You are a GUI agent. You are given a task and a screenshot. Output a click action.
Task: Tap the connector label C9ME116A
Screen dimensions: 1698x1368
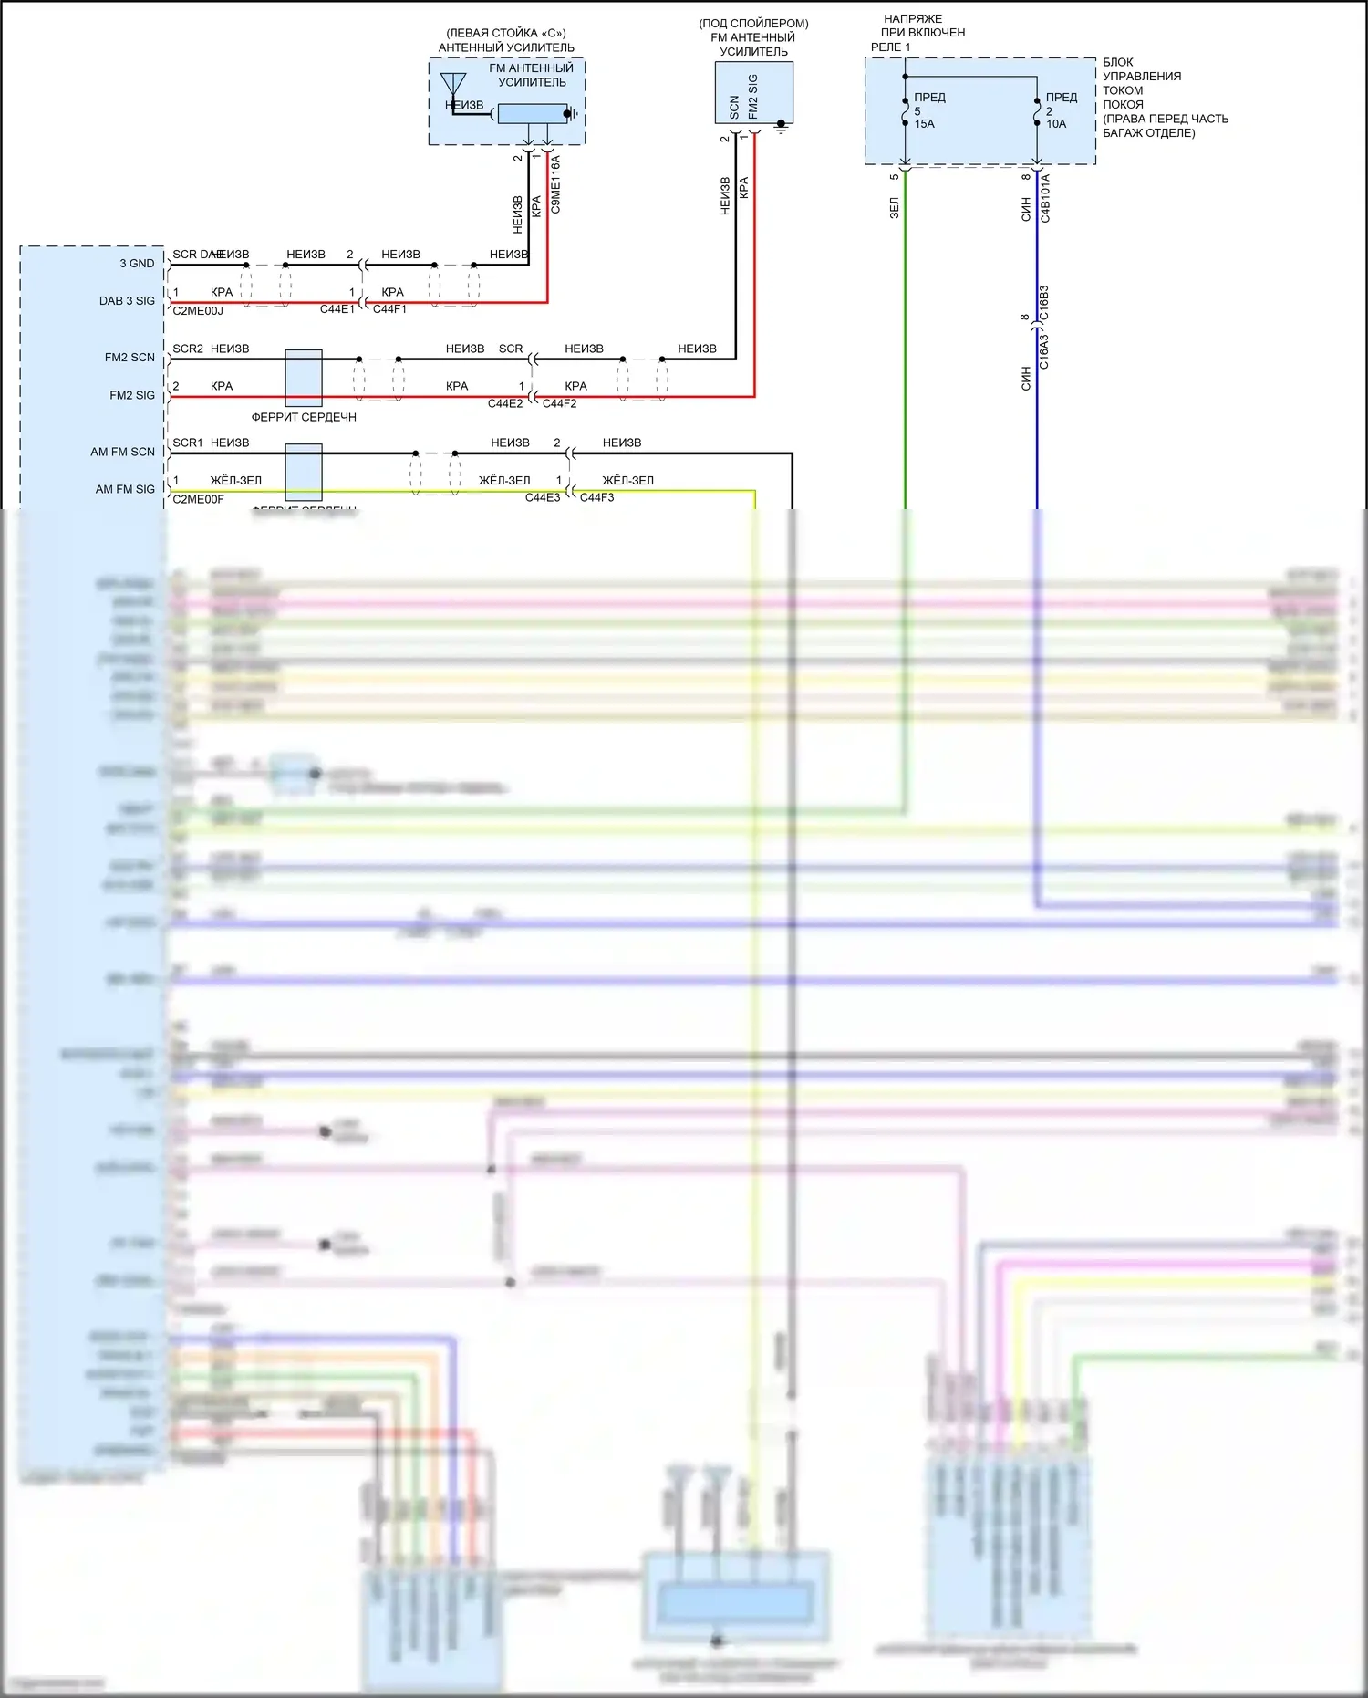click(x=555, y=185)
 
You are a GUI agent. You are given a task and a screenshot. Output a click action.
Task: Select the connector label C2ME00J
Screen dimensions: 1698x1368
click(x=198, y=311)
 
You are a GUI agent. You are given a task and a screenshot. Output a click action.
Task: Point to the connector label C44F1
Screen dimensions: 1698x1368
click(x=389, y=309)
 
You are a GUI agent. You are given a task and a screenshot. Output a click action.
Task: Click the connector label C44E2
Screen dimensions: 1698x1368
click(x=505, y=403)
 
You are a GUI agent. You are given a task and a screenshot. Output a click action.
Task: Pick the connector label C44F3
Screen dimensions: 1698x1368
click(x=596, y=497)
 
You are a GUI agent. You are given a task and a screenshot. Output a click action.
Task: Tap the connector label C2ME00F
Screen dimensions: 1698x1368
click(x=198, y=499)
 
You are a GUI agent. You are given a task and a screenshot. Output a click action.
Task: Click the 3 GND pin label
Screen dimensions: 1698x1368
click(x=137, y=264)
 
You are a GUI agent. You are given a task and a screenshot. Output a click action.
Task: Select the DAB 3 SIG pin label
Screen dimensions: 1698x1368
click(x=127, y=301)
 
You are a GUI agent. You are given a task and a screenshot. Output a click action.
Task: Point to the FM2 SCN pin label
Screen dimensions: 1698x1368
click(x=130, y=358)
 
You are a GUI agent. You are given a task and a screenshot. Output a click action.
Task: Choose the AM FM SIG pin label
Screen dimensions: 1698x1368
click(x=125, y=489)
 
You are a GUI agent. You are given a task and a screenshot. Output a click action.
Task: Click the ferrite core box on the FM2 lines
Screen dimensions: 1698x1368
click(x=304, y=378)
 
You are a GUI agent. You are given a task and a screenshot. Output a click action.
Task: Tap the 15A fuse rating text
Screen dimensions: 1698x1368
click(x=925, y=124)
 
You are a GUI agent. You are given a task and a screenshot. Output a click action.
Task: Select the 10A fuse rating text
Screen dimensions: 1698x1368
click(x=1056, y=124)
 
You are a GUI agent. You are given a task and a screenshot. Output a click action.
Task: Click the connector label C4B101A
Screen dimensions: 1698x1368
click(x=1045, y=198)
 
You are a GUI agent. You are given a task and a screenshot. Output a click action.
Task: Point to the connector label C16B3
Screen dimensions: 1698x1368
click(x=1044, y=303)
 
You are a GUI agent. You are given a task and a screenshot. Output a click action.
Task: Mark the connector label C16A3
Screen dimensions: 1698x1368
click(x=1044, y=351)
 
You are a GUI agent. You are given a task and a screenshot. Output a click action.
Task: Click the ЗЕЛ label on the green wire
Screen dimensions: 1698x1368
click(x=895, y=208)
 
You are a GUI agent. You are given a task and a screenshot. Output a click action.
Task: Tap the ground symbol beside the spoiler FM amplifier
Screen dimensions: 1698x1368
click(x=781, y=127)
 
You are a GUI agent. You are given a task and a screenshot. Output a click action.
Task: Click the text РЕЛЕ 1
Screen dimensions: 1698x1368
click(x=890, y=47)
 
